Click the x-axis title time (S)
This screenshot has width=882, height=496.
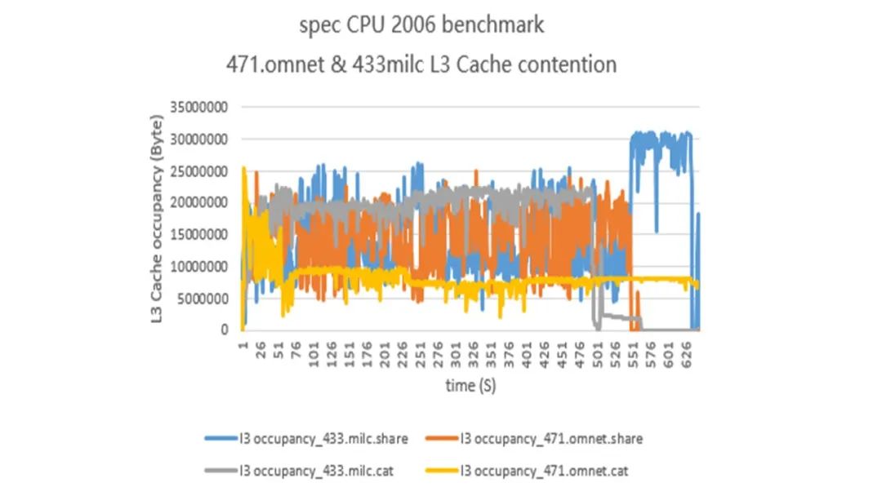click(x=470, y=385)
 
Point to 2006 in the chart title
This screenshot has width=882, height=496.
click(x=412, y=26)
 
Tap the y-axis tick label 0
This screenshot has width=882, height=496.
click(x=223, y=330)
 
